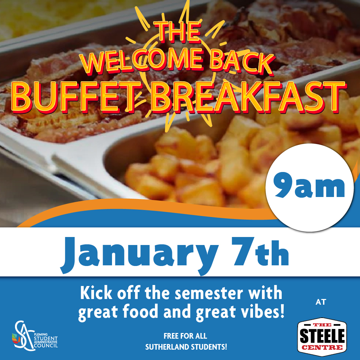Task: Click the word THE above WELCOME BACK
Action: pos(177,31)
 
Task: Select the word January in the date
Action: pos(139,255)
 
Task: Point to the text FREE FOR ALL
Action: pos(185,336)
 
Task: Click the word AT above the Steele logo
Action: pos(321,302)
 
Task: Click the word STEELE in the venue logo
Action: pos(322,336)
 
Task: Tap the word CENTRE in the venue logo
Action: pos(322,347)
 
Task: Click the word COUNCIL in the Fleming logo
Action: pos(46,345)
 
